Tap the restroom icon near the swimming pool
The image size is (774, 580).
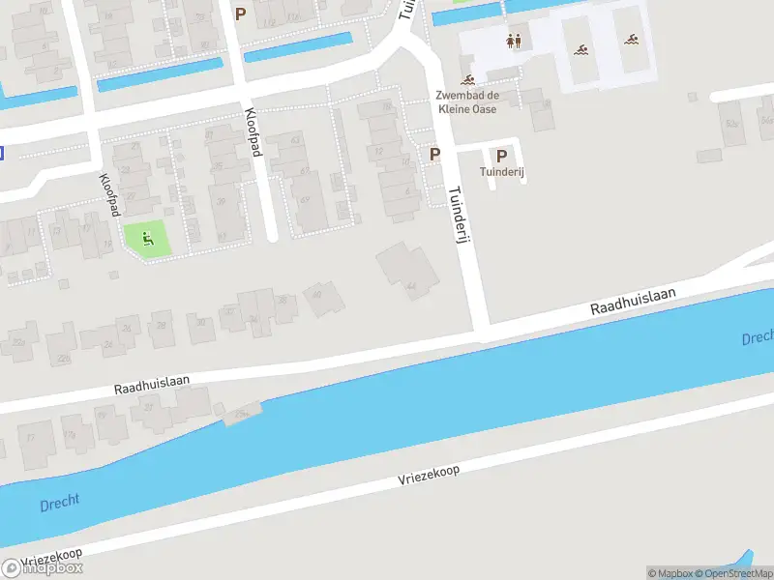point(514,42)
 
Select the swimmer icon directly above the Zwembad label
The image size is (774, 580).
point(468,80)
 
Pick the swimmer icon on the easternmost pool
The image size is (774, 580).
point(631,40)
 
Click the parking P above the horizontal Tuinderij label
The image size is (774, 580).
point(501,155)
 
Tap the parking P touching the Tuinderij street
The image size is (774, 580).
point(435,155)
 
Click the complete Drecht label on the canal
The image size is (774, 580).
point(60,504)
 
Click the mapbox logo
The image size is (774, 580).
point(43,567)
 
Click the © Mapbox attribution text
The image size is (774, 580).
point(670,573)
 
